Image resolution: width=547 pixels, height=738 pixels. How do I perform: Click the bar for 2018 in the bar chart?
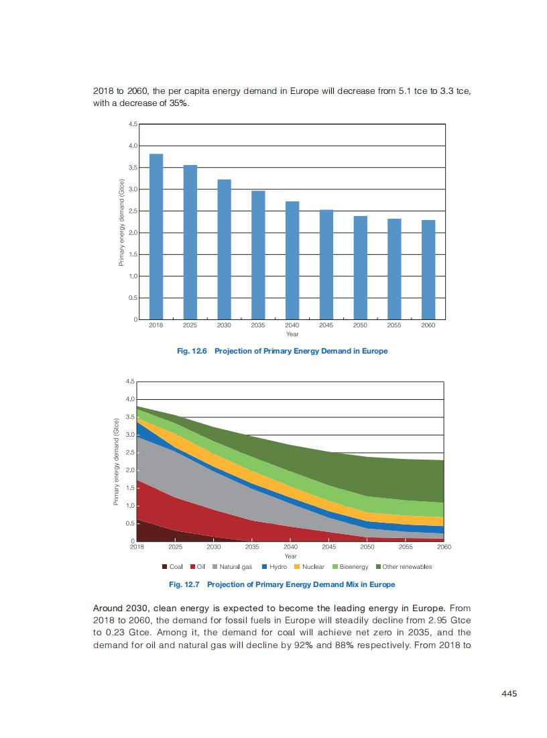156,236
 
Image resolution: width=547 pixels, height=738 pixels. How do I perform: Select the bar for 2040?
292,260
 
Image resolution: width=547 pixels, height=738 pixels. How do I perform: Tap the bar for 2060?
428,269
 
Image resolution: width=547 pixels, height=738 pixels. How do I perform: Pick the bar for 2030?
224,249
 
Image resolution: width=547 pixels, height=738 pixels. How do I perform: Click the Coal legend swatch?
165,567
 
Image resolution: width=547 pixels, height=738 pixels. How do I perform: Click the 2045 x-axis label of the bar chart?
326,325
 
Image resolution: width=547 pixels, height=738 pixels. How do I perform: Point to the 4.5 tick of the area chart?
130,381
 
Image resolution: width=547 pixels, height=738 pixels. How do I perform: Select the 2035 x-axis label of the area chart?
252,547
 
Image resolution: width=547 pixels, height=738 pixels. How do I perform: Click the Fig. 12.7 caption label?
184,584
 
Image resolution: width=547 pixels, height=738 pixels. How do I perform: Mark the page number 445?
509,694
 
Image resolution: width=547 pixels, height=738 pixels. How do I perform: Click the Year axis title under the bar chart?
292,333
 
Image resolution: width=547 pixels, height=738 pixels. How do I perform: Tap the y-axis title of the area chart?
116,461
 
